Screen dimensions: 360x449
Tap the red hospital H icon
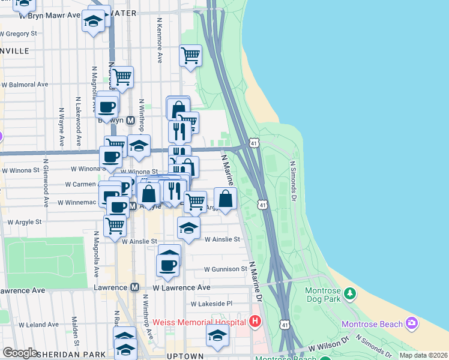pyautogui.click(x=255, y=322)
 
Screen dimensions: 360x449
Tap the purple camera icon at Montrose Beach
pyautogui.click(x=411, y=324)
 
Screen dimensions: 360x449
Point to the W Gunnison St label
pyautogui.click(x=225, y=269)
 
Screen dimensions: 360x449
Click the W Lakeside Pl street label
pyautogui.click(x=211, y=304)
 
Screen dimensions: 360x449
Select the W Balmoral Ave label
pyautogui.click(x=25, y=85)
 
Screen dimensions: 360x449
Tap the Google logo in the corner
pyautogui.click(x=20, y=353)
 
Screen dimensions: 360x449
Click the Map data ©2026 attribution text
pyautogui.click(x=423, y=355)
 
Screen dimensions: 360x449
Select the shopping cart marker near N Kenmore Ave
pyautogui.click(x=190, y=55)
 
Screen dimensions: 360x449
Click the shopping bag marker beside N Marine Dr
pyautogui.click(x=225, y=199)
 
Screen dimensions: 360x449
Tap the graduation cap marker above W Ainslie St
pyautogui.click(x=188, y=228)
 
